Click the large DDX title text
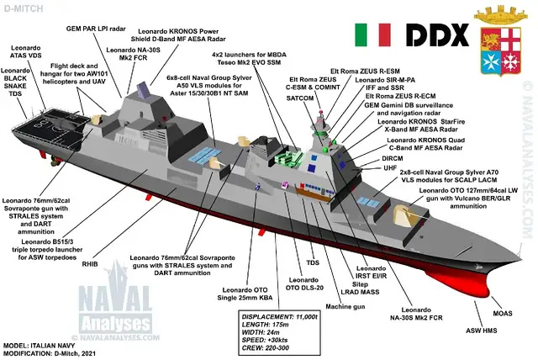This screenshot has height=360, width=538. pos(437,34)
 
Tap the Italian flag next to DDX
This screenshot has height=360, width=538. pos(372,34)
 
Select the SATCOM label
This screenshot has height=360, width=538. pos(300,98)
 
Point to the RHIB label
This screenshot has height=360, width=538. pos(90,264)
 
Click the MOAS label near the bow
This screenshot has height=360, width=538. pos(503,314)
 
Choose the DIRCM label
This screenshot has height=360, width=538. pos(393,158)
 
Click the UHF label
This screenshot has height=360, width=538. pos(390,168)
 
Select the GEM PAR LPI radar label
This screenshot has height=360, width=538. pos(96,29)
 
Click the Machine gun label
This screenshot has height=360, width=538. pos(345,306)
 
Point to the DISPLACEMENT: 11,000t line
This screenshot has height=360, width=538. pos(280,317)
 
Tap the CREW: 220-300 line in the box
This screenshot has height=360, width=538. pos(266,347)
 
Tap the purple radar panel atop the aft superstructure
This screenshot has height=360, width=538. pos(144,91)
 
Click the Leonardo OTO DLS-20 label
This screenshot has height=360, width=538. pos(304,283)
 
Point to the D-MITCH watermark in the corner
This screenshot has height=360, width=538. pos(24,8)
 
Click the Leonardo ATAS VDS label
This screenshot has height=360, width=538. pos(26,51)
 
